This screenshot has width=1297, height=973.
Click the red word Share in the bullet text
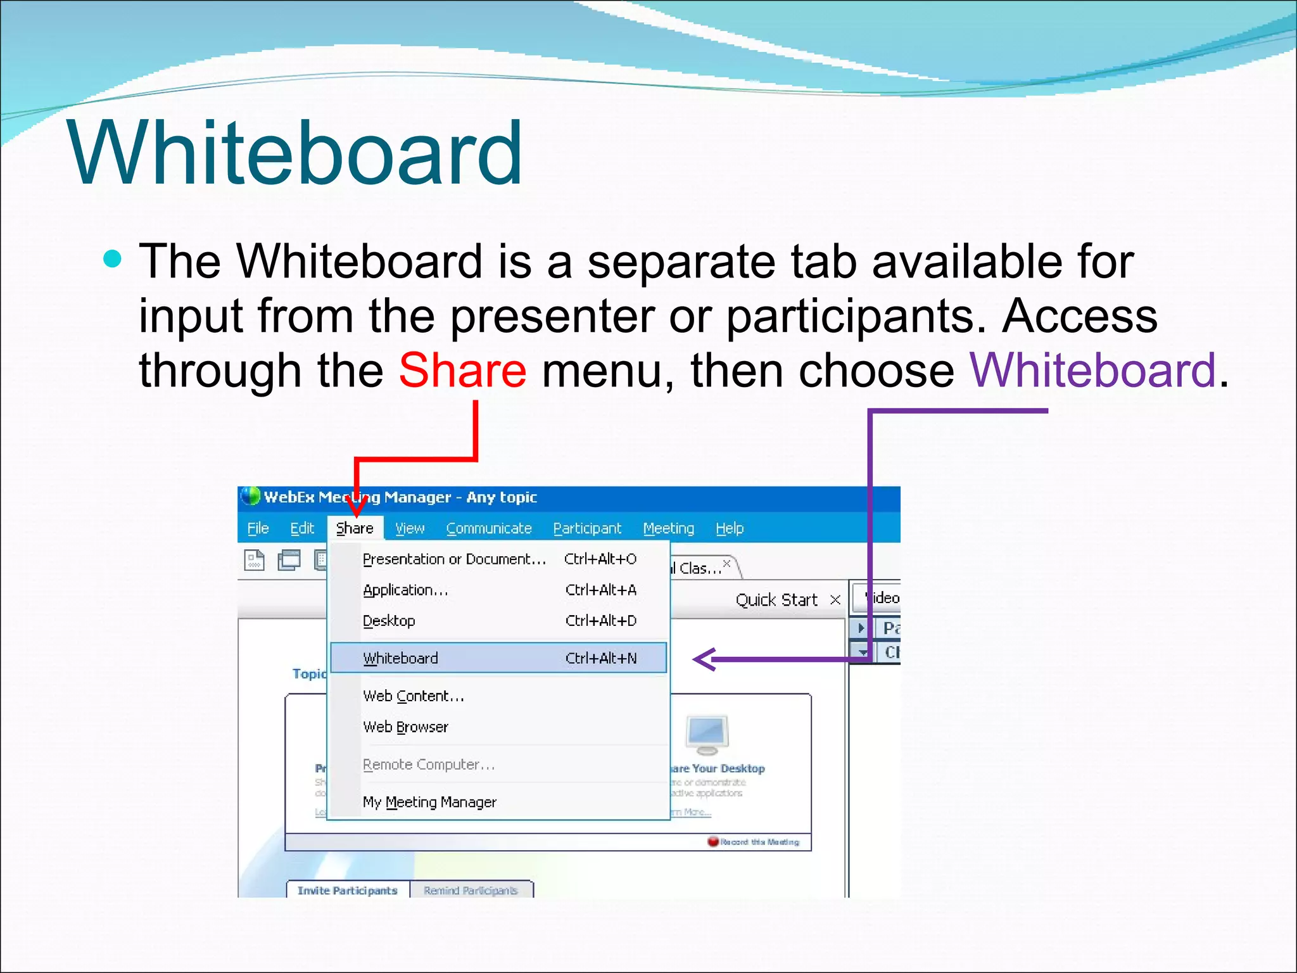(462, 371)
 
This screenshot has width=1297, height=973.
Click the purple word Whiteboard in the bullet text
(1092, 371)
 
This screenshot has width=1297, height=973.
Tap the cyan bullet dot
(112, 259)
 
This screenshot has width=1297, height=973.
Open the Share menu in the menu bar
(355, 528)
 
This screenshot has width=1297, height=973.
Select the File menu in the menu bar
(258, 528)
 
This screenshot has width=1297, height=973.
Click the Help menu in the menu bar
(730, 528)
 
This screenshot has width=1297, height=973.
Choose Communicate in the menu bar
(489, 528)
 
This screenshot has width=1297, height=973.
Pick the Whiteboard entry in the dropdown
(400, 658)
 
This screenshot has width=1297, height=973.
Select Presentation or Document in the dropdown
(453, 559)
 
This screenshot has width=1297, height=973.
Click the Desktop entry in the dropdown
(389, 621)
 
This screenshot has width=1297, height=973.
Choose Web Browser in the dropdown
(405, 727)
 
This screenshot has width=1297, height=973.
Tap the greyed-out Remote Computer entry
(428, 765)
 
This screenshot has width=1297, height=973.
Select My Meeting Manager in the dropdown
(429, 802)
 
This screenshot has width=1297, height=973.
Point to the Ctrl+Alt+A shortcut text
(600, 590)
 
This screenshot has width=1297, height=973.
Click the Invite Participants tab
(348, 890)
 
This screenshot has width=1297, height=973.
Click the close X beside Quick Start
(835, 600)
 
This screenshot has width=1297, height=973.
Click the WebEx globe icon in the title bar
(251, 497)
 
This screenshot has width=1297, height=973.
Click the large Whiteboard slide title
(294, 154)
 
